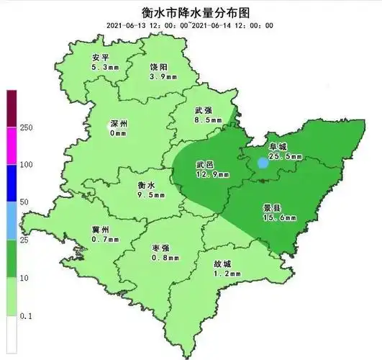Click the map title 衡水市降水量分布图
pos(191,12)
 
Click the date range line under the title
pos(191,25)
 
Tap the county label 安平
pos(101,58)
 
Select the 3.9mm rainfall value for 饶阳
pos(158,76)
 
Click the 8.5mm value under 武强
pos(204,122)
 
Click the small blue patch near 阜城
pos(264,163)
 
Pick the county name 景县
pos(274,207)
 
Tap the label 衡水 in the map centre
pos(147,184)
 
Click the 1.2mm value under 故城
pos(222,274)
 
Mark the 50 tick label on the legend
pos(24,202)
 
